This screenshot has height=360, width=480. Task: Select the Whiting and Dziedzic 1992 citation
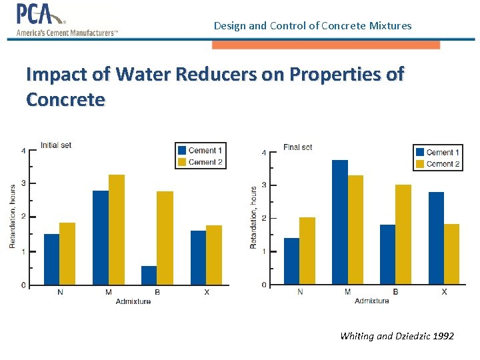[x=397, y=336]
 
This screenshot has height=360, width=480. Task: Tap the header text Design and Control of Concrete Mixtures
[x=313, y=26]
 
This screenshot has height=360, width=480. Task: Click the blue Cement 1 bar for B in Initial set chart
[x=149, y=275]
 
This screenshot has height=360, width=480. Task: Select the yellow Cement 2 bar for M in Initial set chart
[x=117, y=229]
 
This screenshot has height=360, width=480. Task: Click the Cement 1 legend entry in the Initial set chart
[x=200, y=150]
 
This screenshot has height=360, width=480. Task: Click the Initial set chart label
[x=56, y=145]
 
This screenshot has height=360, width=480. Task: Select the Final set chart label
[x=297, y=147]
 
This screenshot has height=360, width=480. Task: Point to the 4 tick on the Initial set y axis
[x=23, y=151]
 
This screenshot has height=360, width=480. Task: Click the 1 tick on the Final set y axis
[x=264, y=251]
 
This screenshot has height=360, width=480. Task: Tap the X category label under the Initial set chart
[x=206, y=292]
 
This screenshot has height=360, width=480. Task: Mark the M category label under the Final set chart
[x=347, y=292]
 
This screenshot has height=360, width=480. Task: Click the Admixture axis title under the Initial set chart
[x=133, y=301]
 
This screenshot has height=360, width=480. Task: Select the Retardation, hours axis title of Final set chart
[x=253, y=217]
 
